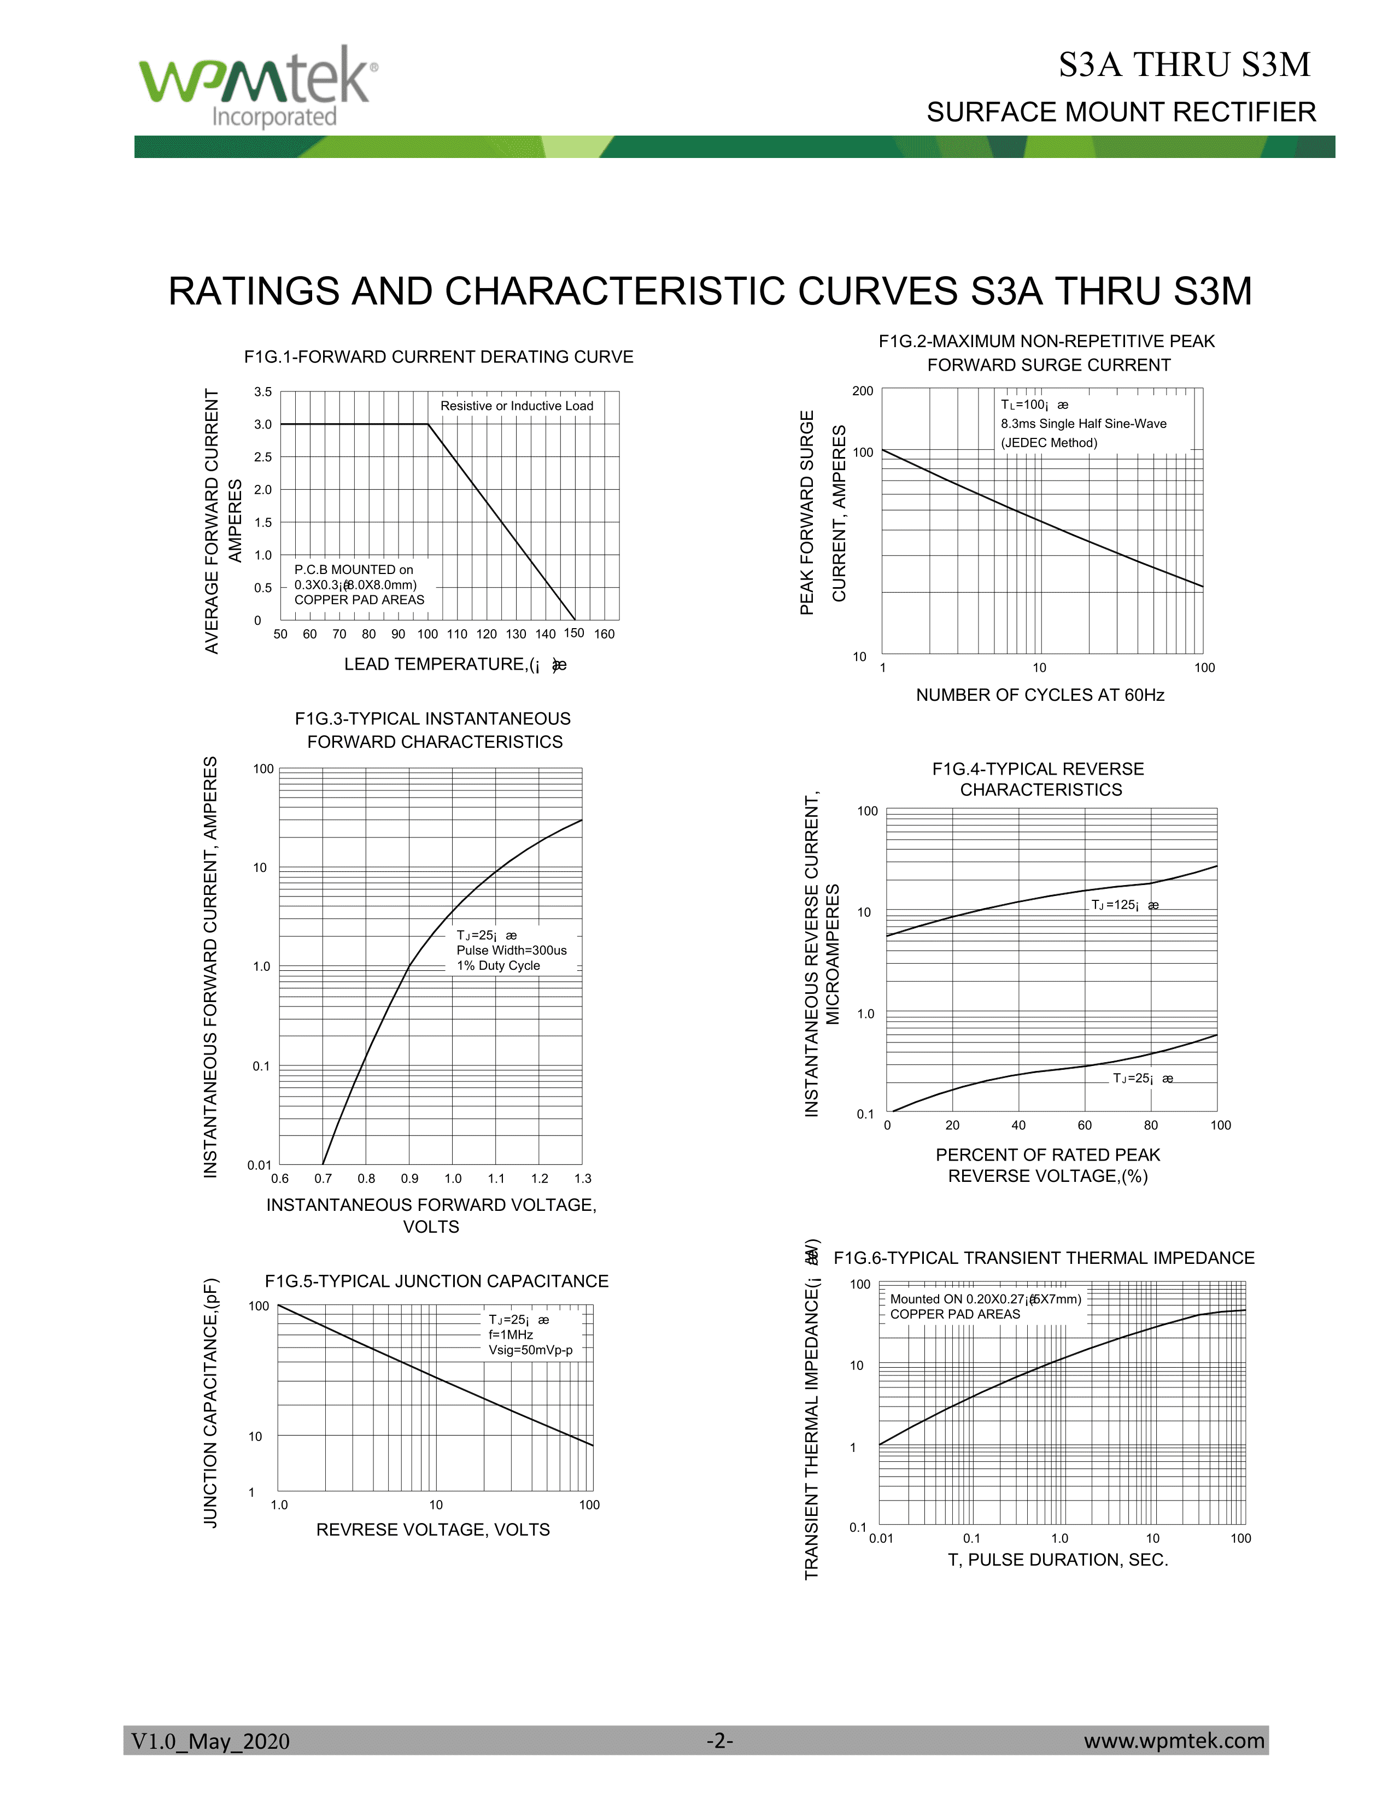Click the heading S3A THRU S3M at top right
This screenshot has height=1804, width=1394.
(1184, 65)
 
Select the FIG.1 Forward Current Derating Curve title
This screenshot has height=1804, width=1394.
(438, 357)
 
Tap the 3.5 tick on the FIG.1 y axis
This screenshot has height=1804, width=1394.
(262, 391)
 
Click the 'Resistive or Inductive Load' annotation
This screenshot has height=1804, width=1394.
(516, 406)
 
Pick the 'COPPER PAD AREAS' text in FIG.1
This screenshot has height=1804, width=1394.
(359, 600)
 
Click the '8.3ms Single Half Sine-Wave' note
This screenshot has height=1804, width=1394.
(1083, 424)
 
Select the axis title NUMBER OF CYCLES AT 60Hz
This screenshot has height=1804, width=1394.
(1040, 695)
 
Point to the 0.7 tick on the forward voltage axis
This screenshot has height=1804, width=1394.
(323, 1179)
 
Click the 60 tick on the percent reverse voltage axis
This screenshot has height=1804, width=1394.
(1085, 1125)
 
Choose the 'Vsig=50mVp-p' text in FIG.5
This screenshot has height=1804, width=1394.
(530, 1350)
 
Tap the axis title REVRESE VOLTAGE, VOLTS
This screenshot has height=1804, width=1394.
(433, 1530)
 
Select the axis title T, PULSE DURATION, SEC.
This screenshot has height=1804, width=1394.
(1058, 1560)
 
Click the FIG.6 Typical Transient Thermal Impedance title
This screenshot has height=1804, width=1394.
(1044, 1258)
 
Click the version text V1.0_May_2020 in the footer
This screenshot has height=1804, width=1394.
(210, 1741)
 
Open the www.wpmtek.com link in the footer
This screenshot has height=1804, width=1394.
(1174, 1741)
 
